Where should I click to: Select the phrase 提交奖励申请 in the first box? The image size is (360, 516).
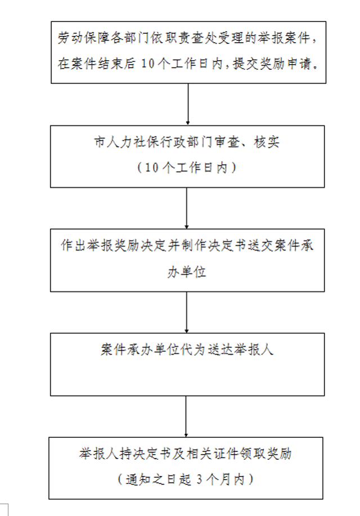272,63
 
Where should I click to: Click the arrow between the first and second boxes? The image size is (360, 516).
188,104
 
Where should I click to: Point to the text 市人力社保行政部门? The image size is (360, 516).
146,142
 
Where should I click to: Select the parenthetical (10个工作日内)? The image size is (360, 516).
187,168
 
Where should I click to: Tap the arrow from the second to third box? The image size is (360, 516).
187,208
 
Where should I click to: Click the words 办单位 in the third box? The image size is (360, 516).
187,272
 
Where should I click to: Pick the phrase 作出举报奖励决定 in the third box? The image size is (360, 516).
114,245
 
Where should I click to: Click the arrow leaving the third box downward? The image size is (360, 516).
187,312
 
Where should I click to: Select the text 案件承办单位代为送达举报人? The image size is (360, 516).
187,349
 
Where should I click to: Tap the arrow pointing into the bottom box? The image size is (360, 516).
186,416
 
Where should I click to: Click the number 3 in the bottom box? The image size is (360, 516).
200,479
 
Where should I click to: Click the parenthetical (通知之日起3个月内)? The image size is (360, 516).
186,479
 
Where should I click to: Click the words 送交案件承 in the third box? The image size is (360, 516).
280,245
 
